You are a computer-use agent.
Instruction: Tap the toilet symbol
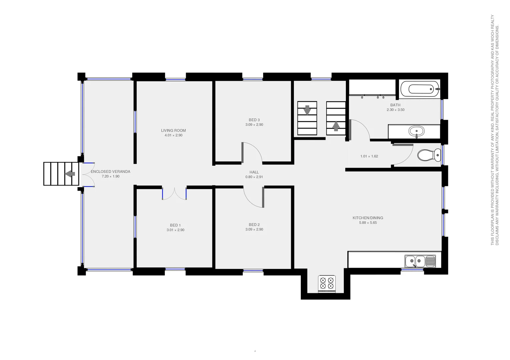click(429, 155)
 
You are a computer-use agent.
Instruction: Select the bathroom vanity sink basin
click(416, 131)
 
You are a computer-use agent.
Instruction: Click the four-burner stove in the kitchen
click(327, 283)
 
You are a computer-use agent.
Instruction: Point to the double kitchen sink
click(420, 261)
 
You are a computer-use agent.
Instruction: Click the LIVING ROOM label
click(173, 130)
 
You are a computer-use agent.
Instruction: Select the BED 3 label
click(254, 120)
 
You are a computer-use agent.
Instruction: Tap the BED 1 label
click(175, 225)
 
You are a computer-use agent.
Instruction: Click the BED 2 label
click(254, 225)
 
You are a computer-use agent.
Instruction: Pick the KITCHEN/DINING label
click(368, 218)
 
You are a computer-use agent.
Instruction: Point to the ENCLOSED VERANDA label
click(110, 171)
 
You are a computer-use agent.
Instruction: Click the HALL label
click(254, 172)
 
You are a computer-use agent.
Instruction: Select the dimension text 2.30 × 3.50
click(395, 110)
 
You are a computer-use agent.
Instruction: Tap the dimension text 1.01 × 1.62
click(369, 156)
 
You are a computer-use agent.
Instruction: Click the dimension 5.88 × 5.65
click(368, 223)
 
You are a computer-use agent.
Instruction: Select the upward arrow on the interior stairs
click(336, 126)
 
